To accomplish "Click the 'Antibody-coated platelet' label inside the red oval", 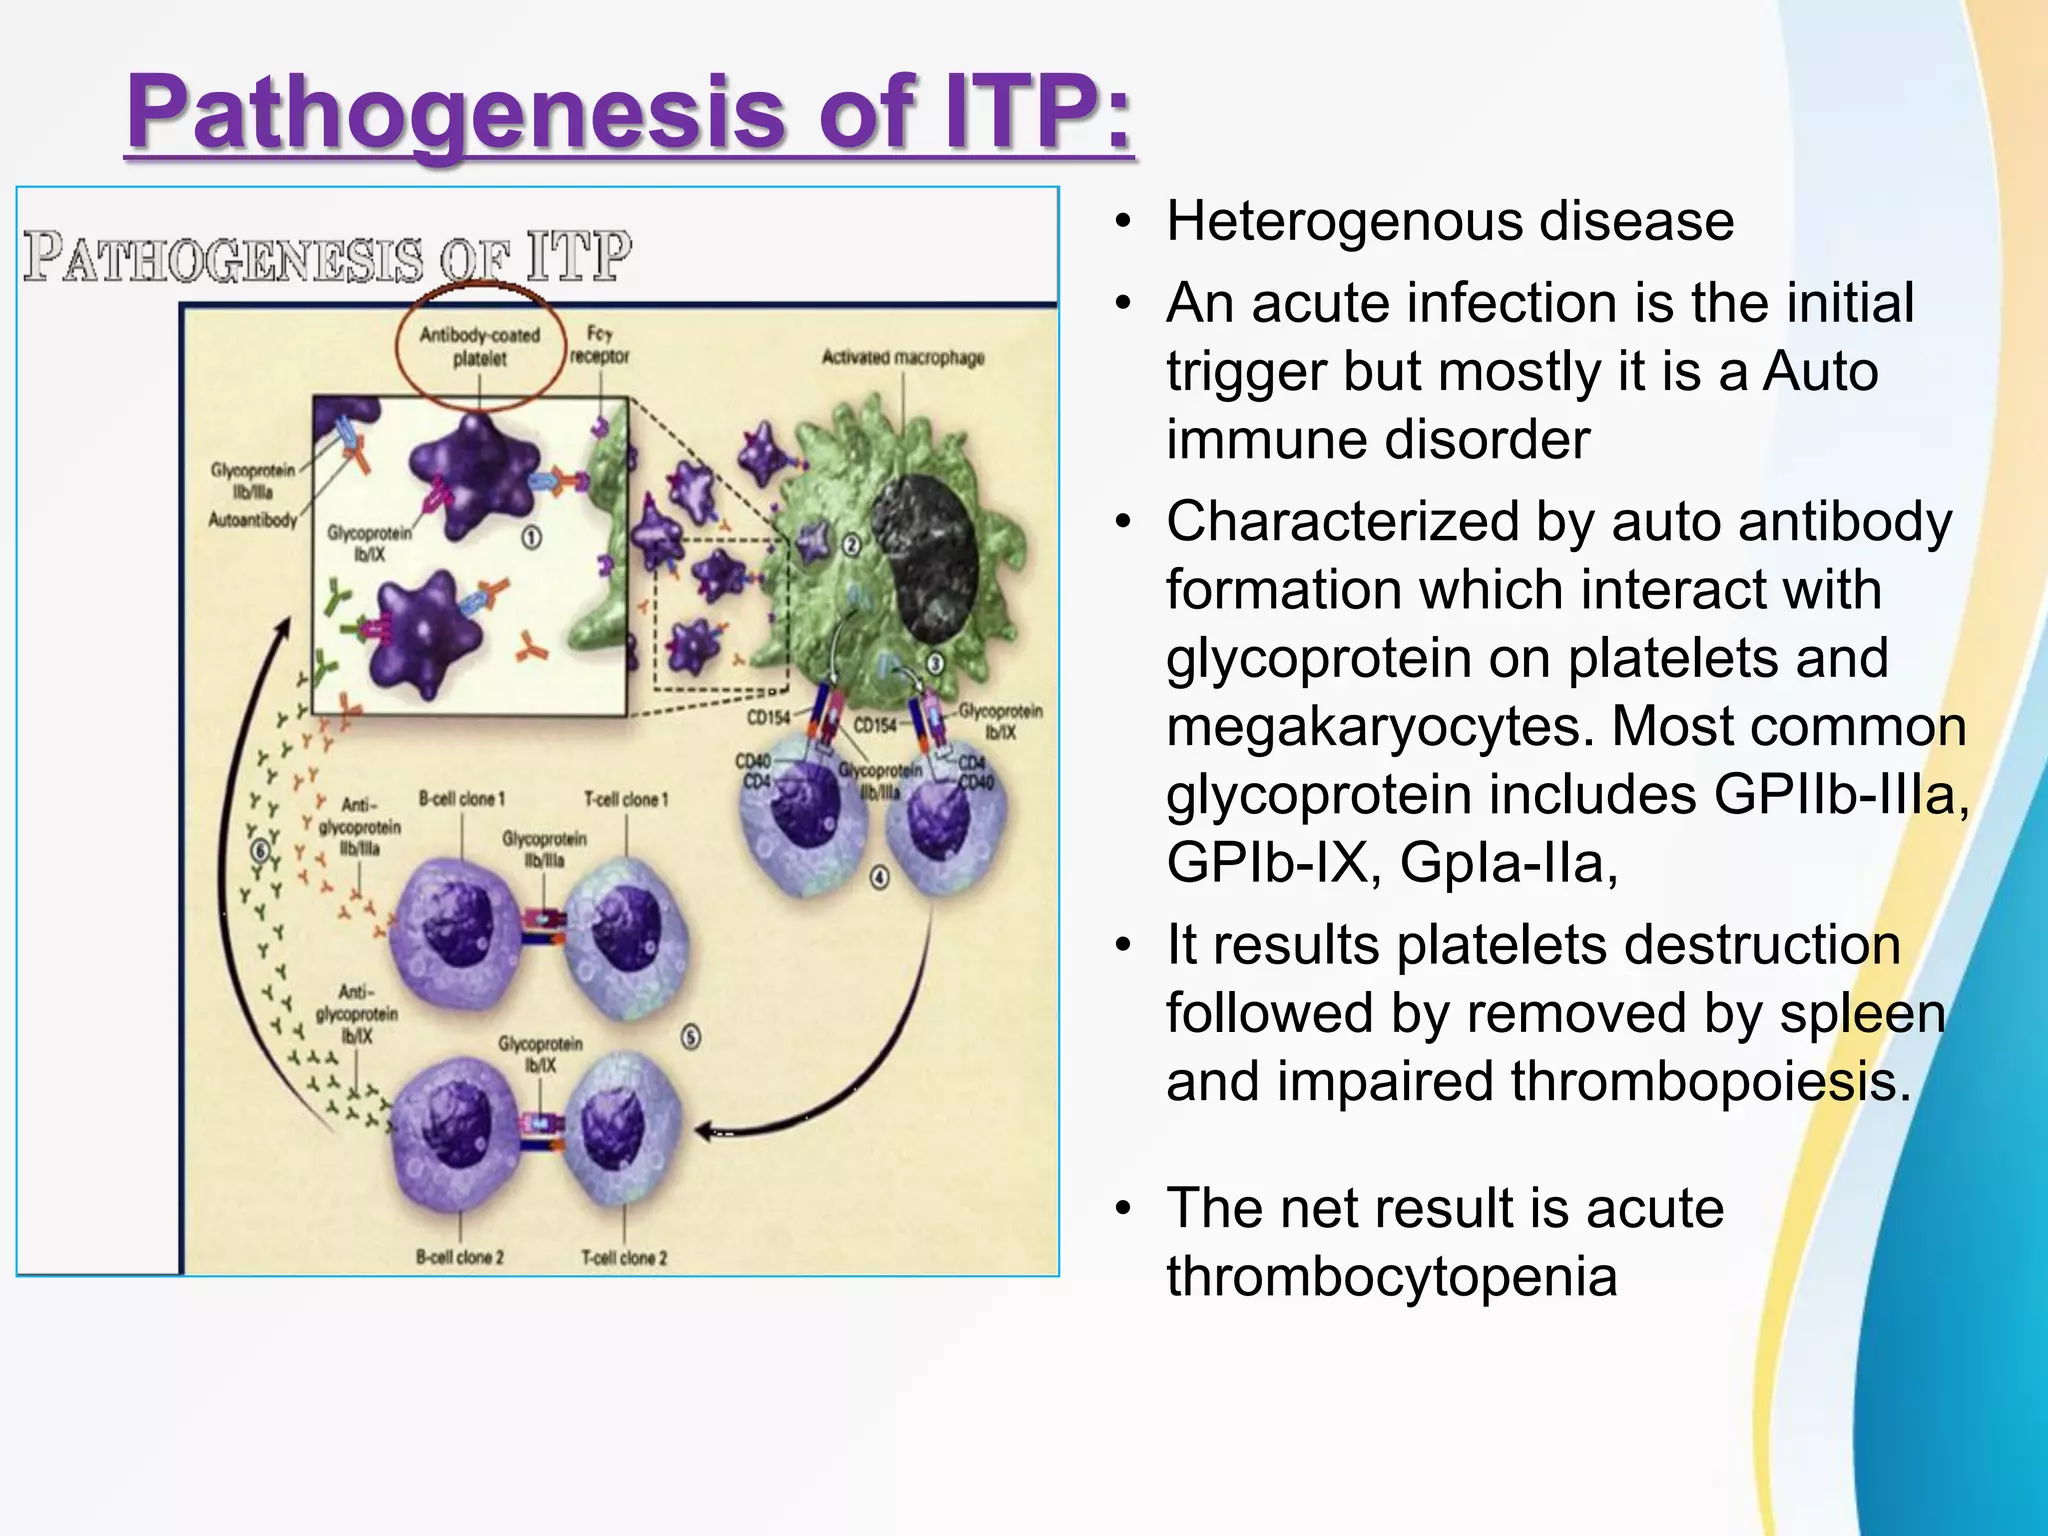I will (480, 346).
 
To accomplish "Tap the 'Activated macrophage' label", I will (902, 357).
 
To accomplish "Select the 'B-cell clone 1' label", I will (461, 799).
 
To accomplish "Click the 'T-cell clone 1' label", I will (626, 799).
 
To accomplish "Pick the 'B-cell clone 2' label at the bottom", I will (459, 1257).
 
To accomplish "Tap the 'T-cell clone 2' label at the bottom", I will (624, 1257).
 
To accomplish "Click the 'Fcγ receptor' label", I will (599, 345).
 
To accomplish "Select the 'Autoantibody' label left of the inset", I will (253, 519).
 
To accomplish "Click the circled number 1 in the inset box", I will (531, 538).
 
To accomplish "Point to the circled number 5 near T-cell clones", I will (690, 1037).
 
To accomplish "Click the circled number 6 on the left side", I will (261, 851).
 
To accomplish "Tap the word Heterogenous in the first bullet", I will (1344, 222).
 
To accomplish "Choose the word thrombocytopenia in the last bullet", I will (1391, 1277).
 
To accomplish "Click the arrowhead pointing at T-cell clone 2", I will (706, 1131).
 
